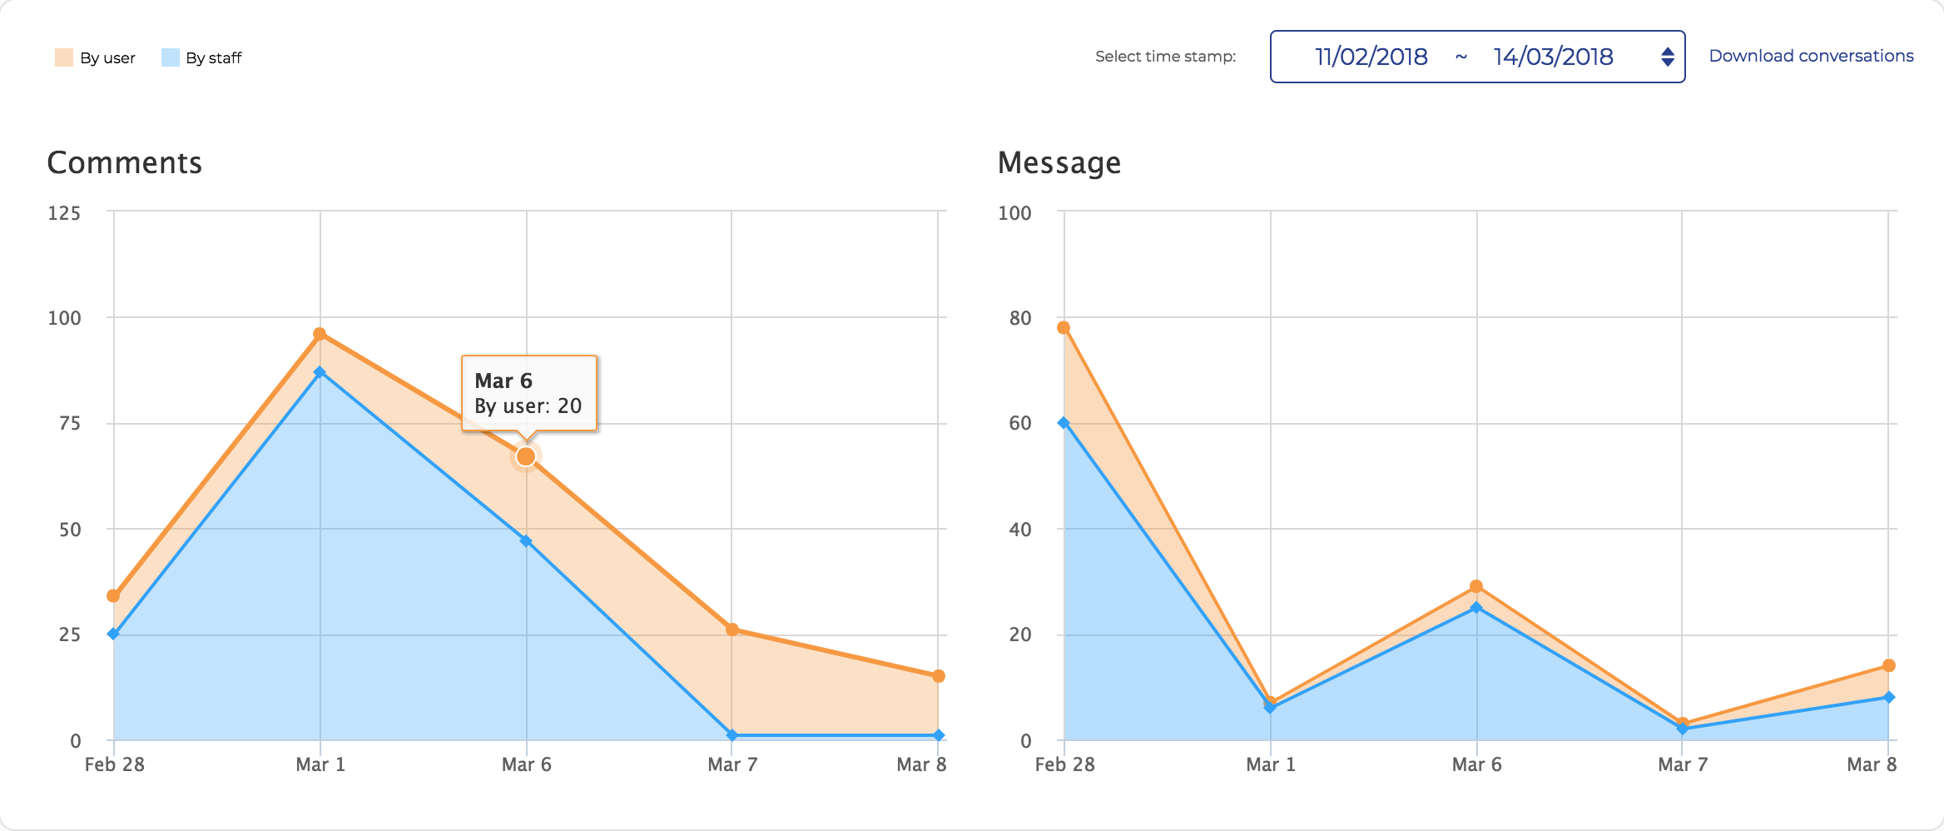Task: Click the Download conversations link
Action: (x=1811, y=56)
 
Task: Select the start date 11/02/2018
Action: (x=1371, y=57)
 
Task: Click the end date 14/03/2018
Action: (x=1553, y=57)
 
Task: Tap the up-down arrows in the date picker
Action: (x=1667, y=57)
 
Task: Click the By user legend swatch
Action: (x=64, y=57)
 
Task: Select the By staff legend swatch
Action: (x=171, y=57)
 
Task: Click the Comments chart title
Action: (x=124, y=162)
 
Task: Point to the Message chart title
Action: (x=1059, y=162)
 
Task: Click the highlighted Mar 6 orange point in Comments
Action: (x=526, y=456)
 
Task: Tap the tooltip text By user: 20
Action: (x=528, y=406)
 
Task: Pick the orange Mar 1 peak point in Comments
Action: (x=320, y=334)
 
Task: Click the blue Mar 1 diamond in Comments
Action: (x=320, y=372)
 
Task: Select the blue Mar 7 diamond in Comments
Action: (x=731, y=735)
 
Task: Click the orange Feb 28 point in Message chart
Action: (x=1064, y=327)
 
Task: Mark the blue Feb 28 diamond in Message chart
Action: (x=1064, y=423)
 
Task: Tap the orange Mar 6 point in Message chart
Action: (x=1476, y=586)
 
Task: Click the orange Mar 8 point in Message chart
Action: (x=1888, y=665)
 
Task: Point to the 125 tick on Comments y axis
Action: (x=64, y=213)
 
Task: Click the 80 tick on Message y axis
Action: (x=1019, y=318)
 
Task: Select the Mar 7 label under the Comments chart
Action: (x=732, y=764)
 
